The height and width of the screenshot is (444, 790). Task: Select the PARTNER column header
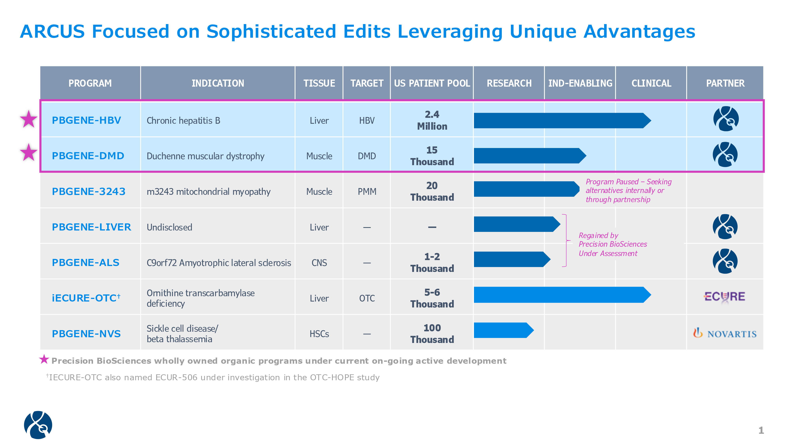[725, 83]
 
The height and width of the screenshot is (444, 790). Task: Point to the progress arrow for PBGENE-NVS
[503, 330]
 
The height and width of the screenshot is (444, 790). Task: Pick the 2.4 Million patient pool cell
[432, 120]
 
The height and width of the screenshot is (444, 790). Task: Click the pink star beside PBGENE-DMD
[28, 153]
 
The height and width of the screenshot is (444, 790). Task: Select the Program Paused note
[628, 191]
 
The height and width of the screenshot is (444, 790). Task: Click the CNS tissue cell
[319, 263]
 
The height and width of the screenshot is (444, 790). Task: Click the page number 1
[761, 430]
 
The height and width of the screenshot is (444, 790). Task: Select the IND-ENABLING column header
[580, 83]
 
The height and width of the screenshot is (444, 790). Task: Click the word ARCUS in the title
[52, 32]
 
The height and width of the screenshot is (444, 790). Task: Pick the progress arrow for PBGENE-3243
[526, 189]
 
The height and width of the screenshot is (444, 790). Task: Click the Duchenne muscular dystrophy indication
[205, 156]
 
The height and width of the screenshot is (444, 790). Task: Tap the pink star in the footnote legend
[44, 359]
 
